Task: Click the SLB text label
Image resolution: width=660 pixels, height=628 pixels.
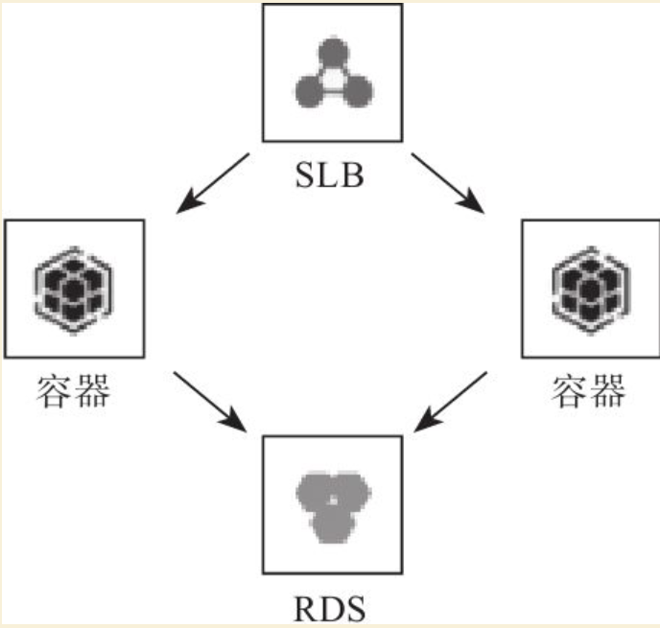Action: tap(330, 175)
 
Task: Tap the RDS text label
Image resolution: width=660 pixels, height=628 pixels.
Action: tap(330, 609)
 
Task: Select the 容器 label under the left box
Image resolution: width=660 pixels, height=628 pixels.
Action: tap(73, 391)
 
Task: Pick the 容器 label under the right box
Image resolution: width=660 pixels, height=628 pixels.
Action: tap(588, 391)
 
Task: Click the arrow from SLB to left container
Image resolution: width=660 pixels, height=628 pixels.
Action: tap(213, 183)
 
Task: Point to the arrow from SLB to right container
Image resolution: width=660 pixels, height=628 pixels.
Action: tap(448, 183)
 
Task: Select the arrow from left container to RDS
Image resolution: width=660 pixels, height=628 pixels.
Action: tap(210, 402)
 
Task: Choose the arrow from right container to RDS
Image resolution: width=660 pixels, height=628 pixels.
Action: tap(450, 402)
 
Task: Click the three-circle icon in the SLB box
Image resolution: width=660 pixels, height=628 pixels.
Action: tap(334, 72)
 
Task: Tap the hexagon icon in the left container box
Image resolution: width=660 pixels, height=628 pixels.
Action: tap(74, 290)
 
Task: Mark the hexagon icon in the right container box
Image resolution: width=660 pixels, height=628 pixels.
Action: tap(591, 290)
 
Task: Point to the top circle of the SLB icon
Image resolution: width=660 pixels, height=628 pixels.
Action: tap(334, 53)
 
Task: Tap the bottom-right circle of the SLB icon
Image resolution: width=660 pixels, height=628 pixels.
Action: tap(357, 91)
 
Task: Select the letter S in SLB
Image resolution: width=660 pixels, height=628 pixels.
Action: tap(305, 175)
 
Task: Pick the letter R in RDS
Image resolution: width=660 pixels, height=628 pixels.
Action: tap(305, 609)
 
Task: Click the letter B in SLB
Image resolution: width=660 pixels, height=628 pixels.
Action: tap(354, 175)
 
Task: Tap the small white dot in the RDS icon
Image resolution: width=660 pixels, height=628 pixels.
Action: tap(333, 500)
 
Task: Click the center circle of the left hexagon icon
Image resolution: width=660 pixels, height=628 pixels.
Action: tap(74, 291)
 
